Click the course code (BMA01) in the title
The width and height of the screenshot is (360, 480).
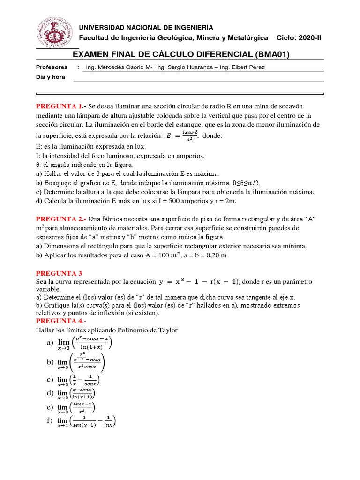(x=272, y=55)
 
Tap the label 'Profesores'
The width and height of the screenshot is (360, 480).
(x=52, y=67)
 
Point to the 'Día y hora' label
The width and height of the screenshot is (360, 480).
(x=51, y=77)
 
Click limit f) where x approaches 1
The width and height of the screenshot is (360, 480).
(x=86, y=421)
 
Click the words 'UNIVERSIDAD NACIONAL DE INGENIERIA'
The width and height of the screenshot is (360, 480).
(x=146, y=28)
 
